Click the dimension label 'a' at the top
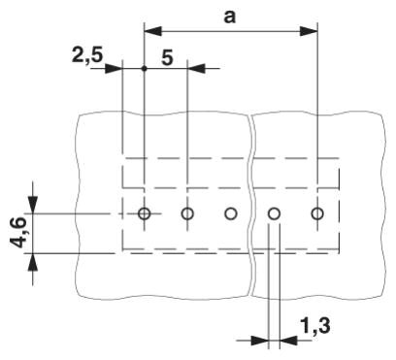click(230, 17)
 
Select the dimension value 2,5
click(87, 55)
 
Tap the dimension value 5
click(167, 58)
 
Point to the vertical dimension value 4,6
click(18, 233)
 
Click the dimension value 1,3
click(315, 326)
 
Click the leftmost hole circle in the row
click(144, 213)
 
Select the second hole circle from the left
click(187, 213)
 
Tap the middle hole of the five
click(231, 213)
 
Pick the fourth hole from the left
click(275, 213)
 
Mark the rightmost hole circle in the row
click(317, 213)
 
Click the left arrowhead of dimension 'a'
click(152, 31)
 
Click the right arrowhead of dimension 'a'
click(309, 31)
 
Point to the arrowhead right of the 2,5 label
click(114, 69)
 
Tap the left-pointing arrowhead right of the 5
click(196, 69)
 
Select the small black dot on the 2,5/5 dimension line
click(145, 69)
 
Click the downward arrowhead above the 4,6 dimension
click(33, 205)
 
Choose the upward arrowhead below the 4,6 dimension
click(33, 262)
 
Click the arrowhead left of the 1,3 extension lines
click(260, 341)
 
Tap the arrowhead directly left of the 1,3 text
click(288, 341)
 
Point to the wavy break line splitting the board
click(252, 204)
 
